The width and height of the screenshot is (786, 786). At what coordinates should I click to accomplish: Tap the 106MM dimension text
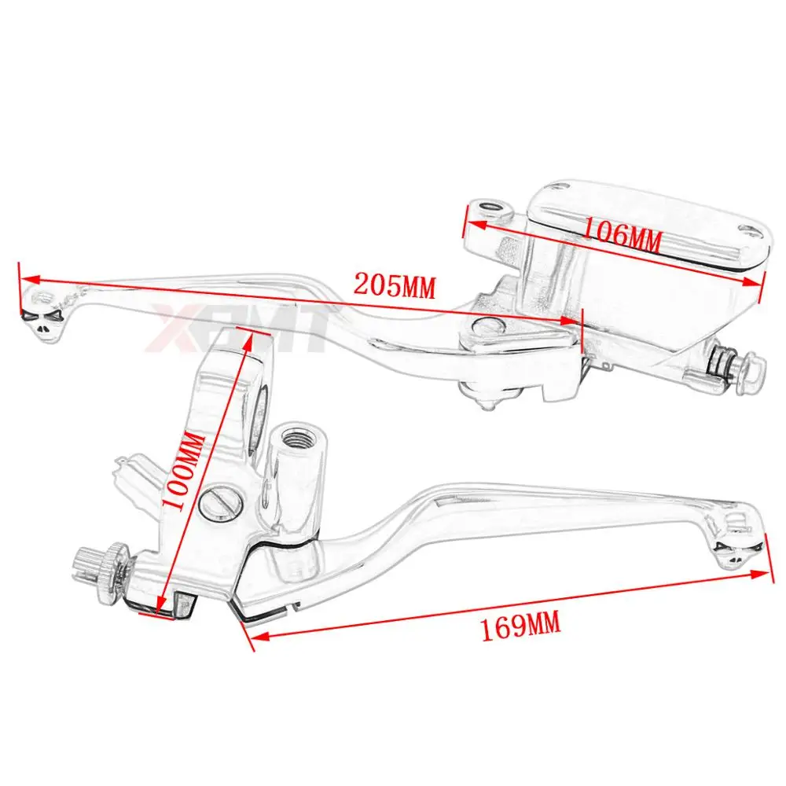point(623,235)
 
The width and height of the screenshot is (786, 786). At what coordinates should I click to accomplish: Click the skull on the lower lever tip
point(737,553)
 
